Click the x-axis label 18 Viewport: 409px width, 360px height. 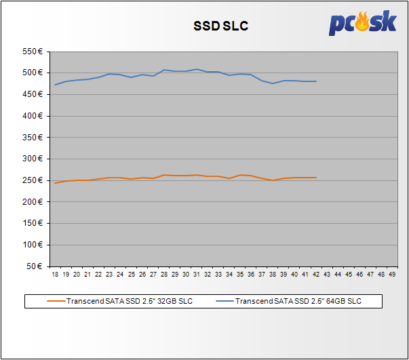click(55, 275)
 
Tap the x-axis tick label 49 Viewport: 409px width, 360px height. click(393, 275)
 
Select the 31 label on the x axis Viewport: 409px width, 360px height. click(197, 275)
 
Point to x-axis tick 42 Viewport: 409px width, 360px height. click(316, 275)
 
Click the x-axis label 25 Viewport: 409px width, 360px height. click(131, 275)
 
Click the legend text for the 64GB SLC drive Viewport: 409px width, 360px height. click(299, 301)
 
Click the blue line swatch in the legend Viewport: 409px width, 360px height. click(225, 301)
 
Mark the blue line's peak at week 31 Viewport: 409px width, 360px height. click(197, 69)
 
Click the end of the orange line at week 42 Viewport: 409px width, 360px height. click(316, 178)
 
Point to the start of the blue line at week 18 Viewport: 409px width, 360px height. click(55, 85)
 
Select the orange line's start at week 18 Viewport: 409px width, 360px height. click(55, 183)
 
